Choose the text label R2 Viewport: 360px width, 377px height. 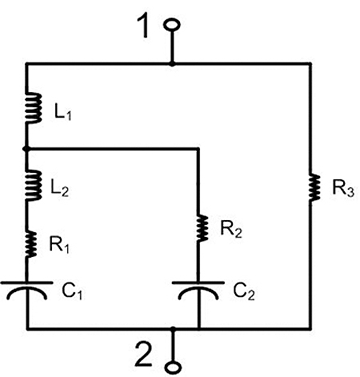click(234, 232)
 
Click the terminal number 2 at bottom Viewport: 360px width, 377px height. click(147, 353)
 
